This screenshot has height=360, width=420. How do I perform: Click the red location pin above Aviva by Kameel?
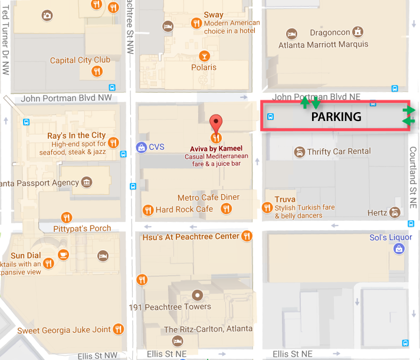(x=216, y=123)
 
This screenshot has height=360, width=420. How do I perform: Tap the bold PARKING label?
(x=336, y=117)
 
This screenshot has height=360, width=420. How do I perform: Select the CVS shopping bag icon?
(x=141, y=146)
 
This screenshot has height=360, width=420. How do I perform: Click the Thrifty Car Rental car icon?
(x=300, y=152)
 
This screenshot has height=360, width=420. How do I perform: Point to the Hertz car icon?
(x=395, y=212)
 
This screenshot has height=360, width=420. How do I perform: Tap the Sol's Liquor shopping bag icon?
(x=399, y=248)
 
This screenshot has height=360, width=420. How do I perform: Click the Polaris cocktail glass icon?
(x=204, y=56)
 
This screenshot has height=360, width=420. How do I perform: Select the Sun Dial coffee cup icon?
(x=63, y=255)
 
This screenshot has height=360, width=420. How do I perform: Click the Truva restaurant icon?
(x=268, y=207)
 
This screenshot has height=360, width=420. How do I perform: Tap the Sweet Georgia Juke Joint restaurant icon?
(x=119, y=329)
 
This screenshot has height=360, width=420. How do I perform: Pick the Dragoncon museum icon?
(x=357, y=32)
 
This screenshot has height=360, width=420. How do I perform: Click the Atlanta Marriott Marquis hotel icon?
(x=290, y=33)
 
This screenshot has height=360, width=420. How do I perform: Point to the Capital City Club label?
(x=80, y=60)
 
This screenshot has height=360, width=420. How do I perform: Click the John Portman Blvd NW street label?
(x=66, y=98)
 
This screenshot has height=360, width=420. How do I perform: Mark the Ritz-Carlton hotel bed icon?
(x=177, y=341)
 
